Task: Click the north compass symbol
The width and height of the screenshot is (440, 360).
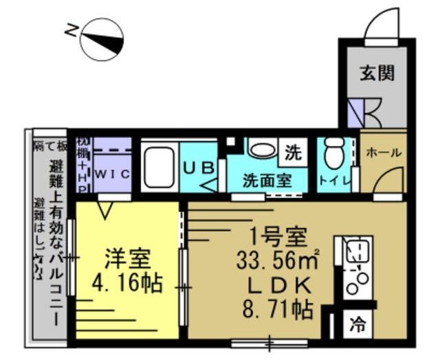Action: [101, 38]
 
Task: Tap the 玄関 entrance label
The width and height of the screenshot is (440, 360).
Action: [377, 74]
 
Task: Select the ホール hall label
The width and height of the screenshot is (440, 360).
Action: [383, 153]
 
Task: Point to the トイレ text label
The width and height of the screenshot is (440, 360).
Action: [335, 183]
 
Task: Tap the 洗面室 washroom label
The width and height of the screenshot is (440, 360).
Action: [266, 182]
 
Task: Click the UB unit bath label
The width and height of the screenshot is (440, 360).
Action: [199, 166]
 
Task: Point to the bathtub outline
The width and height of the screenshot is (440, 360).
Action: [159, 167]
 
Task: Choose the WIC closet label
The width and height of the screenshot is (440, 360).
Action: [111, 175]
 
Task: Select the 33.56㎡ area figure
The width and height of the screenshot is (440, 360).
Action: [277, 260]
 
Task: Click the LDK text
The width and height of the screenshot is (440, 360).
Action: [276, 284]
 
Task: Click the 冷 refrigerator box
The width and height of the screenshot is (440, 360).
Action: [357, 322]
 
